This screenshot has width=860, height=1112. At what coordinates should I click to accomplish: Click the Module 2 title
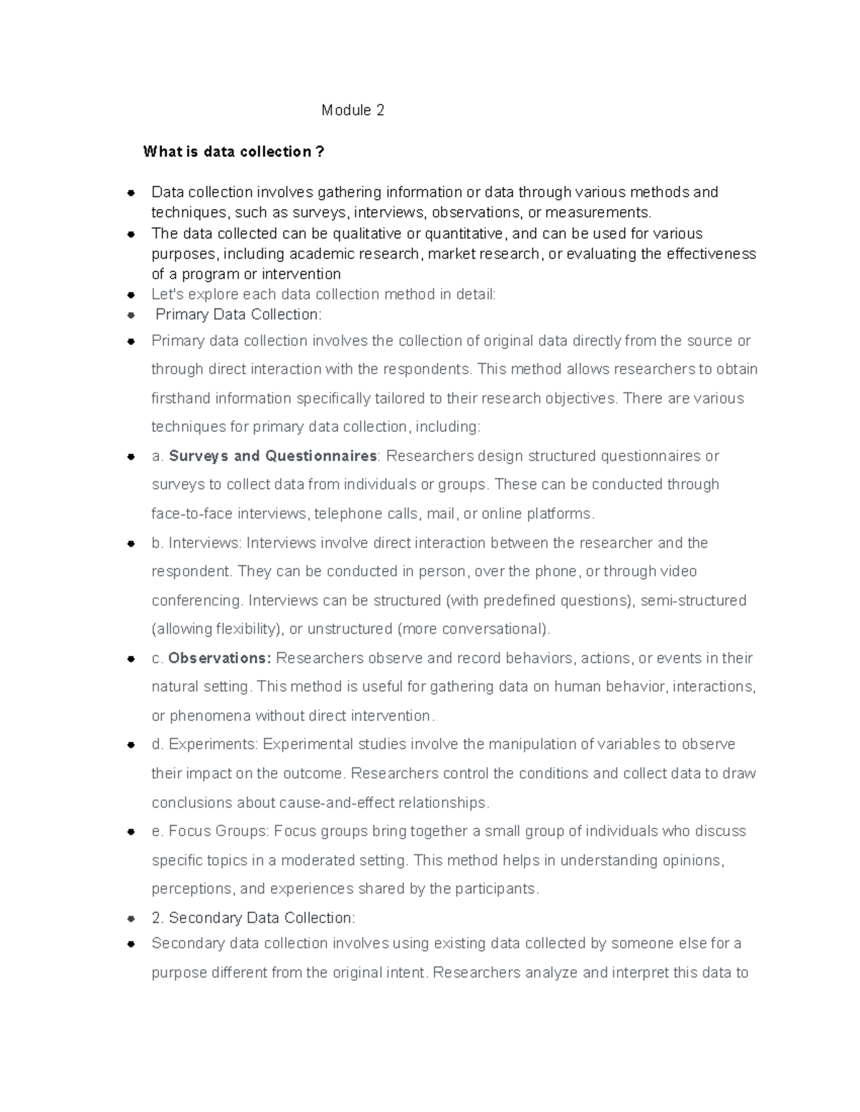coord(353,110)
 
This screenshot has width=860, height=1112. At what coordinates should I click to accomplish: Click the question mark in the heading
coord(320,152)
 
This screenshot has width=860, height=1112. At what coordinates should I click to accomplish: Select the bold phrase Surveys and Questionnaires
coord(273,456)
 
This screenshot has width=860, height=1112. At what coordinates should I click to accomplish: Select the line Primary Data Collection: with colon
coord(239,314)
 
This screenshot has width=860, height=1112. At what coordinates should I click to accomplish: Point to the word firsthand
coord(181,398)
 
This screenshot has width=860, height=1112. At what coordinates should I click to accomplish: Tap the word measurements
coord(607,213)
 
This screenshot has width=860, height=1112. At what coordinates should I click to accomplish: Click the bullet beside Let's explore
coord(131,294)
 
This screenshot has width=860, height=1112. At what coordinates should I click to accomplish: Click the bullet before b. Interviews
coord(131,543)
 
